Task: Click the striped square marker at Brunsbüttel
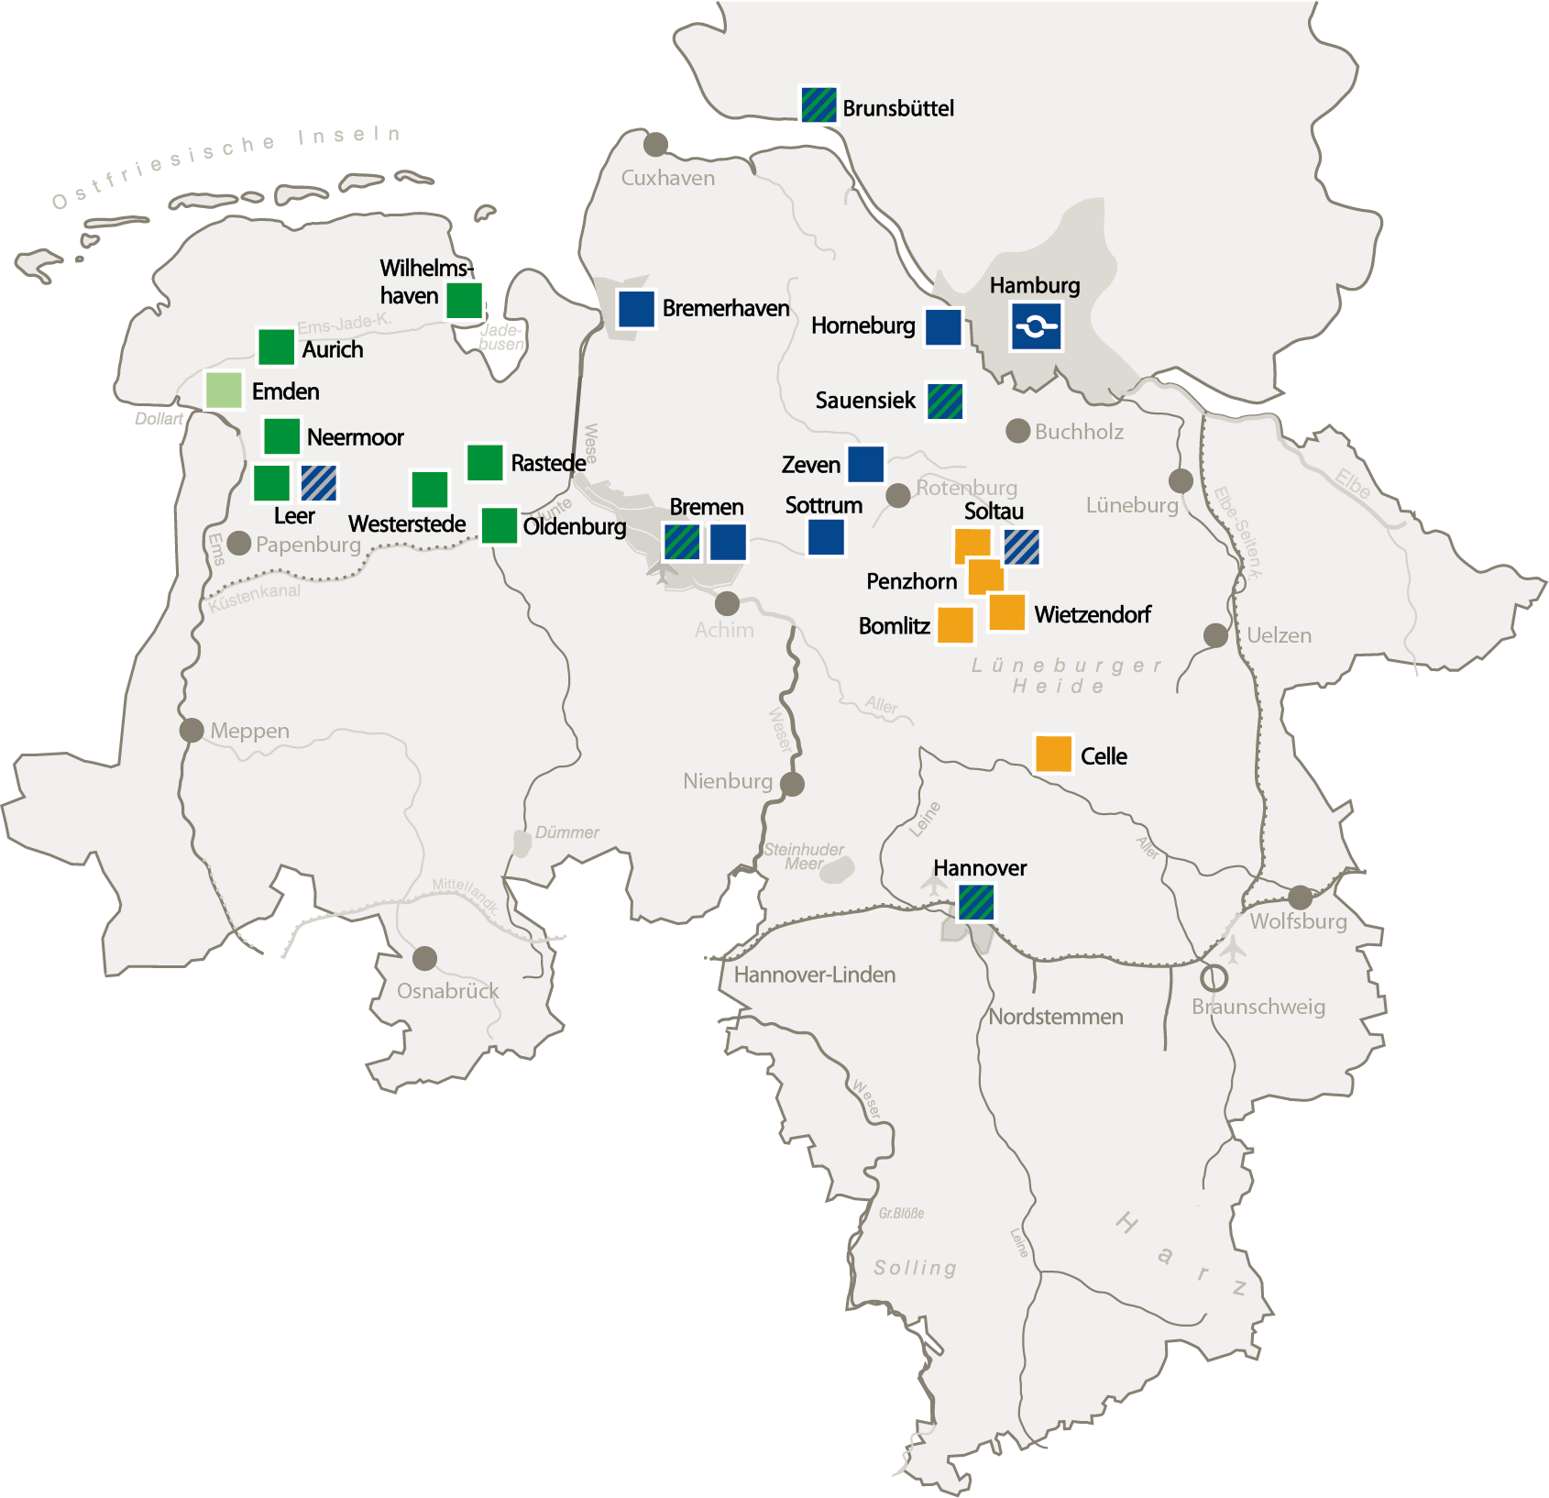pos(818,105)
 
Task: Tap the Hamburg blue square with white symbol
pos(1036,326)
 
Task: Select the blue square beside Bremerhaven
pos(636,309)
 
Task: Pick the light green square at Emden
pos(224,391)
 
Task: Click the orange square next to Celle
pos(1053,754)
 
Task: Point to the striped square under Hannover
pos(976,902)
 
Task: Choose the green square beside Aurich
pos(276,347)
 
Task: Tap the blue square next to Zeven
pos(865,464)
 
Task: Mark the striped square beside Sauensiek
pos(945,402)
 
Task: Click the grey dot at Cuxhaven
pos(655,144)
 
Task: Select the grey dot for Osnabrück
pos(424,959)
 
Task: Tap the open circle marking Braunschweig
pos(1214,978)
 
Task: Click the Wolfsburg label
pos(1298,921)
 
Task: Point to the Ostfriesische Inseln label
pos(225,167)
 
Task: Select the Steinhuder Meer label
pos(804,856)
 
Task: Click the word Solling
pos(915,1267)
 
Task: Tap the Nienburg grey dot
pos(793,784)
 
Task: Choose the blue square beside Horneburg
pos(943,327)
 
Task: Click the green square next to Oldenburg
pos(500,525)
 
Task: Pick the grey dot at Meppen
pos(192,731)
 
